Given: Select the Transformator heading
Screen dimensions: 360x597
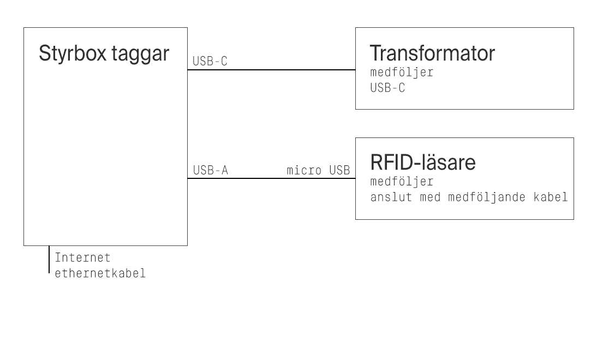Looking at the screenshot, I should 432,53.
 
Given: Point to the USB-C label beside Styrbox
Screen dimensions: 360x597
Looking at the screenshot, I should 210,62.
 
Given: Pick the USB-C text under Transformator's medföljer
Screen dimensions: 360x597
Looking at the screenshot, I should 387,87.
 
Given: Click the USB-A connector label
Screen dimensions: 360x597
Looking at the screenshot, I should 210,170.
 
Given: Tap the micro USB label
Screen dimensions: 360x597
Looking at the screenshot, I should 318,170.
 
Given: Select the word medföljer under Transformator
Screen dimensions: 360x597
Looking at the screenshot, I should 402,73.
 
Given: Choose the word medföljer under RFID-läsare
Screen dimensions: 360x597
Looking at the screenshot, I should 402,182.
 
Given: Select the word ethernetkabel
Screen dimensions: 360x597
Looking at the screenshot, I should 100,273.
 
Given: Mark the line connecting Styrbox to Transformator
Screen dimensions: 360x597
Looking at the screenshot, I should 271,70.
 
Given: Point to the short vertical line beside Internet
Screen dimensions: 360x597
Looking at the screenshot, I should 49,259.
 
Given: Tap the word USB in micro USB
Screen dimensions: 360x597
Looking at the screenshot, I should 339,170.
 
